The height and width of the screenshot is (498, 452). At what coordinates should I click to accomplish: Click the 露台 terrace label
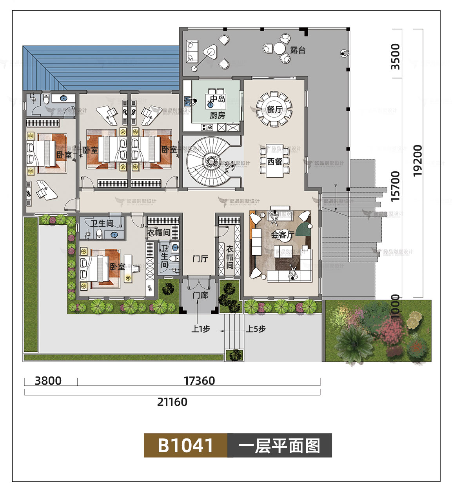point(298,50)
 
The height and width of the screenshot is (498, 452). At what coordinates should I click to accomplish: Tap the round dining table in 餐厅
point(274,109)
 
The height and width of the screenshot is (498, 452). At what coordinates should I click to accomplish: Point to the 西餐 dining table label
point(274,161)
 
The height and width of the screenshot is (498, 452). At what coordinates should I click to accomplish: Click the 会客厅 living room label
point(282,235)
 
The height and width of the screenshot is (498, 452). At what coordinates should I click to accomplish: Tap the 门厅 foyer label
point(200,259)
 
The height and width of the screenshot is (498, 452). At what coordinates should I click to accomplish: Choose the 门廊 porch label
point(200,295)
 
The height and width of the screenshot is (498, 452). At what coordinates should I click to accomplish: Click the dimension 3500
point(396,56)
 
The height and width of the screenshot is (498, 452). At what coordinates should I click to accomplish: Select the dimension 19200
point(418,160)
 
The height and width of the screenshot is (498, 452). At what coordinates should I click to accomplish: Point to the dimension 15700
point(396,186)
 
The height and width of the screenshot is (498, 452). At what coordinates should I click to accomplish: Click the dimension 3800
point(48,381)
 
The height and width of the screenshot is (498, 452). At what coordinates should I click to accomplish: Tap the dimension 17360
point(199,381)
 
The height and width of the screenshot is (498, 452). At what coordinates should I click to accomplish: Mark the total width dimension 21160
point(172,402)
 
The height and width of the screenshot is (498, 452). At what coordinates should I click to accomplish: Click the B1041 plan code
point(185,445)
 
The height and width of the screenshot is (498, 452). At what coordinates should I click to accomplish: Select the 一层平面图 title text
point(279,446)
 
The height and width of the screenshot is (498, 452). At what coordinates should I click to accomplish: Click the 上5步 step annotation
point(256,329)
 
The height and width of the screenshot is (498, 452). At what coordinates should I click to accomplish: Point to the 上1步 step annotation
point(200,329)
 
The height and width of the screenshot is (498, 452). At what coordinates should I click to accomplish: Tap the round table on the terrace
point(279,49)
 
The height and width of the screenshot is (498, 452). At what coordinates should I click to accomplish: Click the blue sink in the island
point(210,105)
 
